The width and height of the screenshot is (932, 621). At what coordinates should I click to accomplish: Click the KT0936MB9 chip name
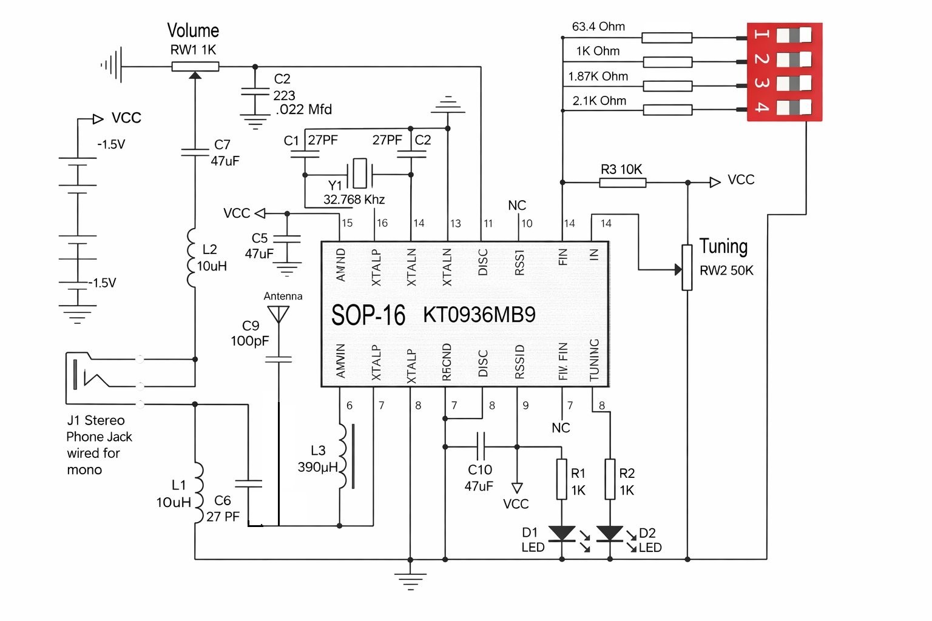point(479,315)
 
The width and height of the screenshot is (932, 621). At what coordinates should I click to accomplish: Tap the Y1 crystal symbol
point(360,174)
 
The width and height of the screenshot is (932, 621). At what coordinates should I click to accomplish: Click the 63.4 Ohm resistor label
point(598,27)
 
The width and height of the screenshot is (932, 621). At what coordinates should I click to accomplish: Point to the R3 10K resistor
point(623,182)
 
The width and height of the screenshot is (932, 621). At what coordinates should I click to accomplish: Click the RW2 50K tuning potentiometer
point(687,267)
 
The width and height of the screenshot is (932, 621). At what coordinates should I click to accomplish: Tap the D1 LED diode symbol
point(562,534)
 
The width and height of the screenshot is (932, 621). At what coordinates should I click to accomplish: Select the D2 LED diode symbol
point(610,534)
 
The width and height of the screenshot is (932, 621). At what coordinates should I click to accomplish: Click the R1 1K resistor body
point(562,479)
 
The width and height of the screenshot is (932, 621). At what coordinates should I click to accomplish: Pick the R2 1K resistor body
point(610,479)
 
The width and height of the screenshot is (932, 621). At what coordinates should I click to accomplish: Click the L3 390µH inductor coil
point(343,456)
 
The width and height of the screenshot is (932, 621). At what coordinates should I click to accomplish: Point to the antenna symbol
point(279,314)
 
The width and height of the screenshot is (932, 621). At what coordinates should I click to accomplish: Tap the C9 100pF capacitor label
point(249,334)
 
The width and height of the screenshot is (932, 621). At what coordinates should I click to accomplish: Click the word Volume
point(193,30)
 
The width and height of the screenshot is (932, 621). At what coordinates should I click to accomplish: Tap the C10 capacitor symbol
point(481,447)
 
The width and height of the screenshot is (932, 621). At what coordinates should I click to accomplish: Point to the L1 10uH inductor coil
point(197,492)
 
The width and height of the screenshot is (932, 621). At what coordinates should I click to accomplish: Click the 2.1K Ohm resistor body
point(667,110)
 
